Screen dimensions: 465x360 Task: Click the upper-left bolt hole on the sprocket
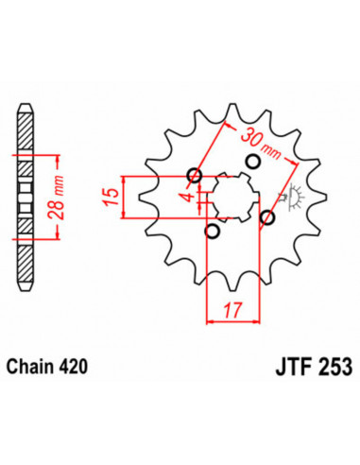pos(195,175)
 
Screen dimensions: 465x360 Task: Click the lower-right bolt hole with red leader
pos(267,218)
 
